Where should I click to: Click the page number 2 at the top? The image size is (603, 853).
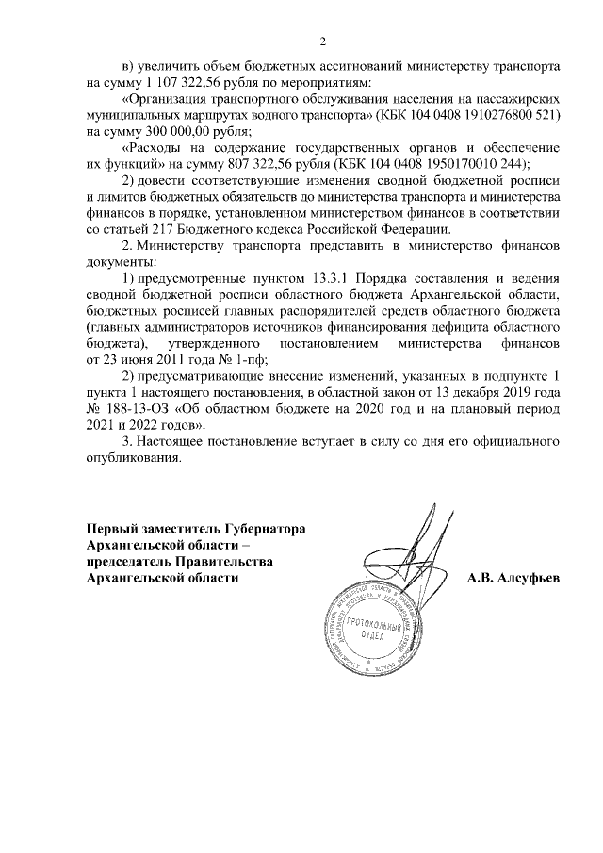[323, 41]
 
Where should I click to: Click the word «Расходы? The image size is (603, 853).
[156, 148]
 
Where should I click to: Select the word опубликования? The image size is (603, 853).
[130, 458]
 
